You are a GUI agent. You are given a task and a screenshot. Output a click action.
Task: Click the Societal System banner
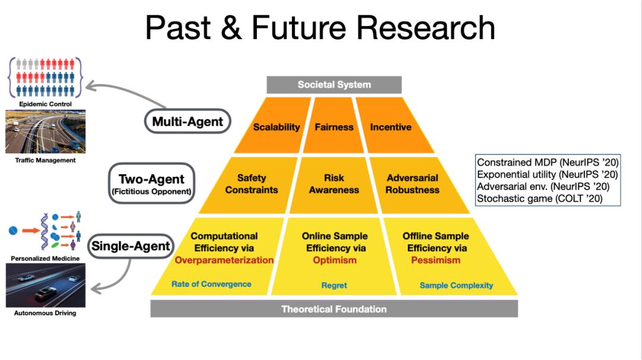pyautogui.click(x=334, y=85)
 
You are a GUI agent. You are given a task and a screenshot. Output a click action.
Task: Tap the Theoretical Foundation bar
pyautogui.click(x=334, y=309)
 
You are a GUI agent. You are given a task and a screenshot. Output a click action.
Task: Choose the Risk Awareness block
pyautogui.click(x=333, y=185)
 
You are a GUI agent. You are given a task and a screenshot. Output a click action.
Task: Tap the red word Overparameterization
pyautogui.click(x=224, y=260)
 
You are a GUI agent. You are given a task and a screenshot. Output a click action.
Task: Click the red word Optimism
pyautogui.click(x=335, y=260)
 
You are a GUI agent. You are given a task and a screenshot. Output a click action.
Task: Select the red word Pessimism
pyautogui.click(x=436, y=260)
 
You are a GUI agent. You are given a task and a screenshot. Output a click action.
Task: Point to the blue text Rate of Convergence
pyautogui.click(x=211, y=284)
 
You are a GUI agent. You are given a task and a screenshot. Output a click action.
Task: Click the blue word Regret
pyautogui.click(x=334, y=285)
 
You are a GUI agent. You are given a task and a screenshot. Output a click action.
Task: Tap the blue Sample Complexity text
pyautogui.click(x=456, y=285)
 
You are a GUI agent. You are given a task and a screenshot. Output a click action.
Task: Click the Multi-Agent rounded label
pyautogui.click(x=187, y=121)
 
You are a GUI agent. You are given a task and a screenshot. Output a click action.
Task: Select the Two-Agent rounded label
pyautogui.click(x=152, y=184)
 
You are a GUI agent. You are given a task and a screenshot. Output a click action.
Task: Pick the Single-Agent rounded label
pyautogui.click(x=131, y=246)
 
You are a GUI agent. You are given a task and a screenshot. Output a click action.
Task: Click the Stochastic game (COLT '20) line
pyautogui.click(x=540, y=199)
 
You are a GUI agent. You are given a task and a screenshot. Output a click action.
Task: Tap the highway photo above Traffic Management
pyautogui.click(x=45, y=132)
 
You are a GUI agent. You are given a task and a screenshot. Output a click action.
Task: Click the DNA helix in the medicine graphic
pyautogui.click(x=45, y=231)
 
